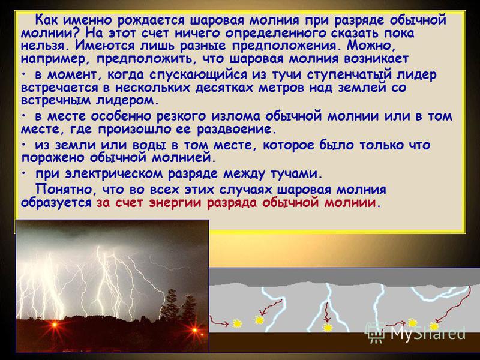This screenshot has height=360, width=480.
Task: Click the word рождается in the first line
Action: [x=152, y=21]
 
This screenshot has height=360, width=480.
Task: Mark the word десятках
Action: [x=226, y=88]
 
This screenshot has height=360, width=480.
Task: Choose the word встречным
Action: [x=56, y=101]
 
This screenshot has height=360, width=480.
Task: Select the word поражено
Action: [x=53, y=158]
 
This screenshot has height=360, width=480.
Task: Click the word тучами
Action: [x=296, y=175]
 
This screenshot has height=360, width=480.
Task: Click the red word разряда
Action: [x=232, y=203]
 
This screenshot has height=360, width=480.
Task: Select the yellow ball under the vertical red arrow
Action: [x=328, y=328]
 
